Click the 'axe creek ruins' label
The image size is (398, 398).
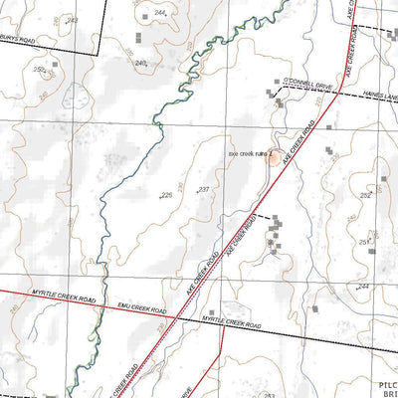[x=246, y=154]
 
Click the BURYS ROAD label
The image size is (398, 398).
[x=30, y=44]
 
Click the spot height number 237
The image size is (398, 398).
[x=203, y=189]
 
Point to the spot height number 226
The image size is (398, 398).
[x=166, y=195]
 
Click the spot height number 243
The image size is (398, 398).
[x=71, y=20]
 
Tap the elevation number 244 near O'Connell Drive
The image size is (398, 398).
[x=157, y=13]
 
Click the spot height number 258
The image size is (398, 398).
[x=39, y=70]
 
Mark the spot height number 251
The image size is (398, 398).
[x=364, y=241]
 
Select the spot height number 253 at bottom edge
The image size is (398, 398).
[x=270, y=394]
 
